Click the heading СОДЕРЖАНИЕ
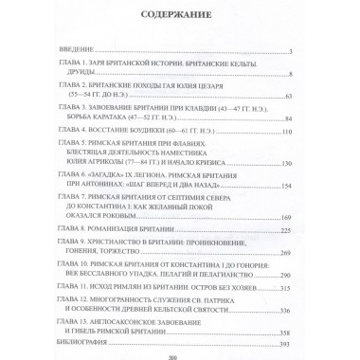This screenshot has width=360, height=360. tap(180, 16)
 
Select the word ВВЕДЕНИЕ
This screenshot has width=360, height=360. tap(72, 50)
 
